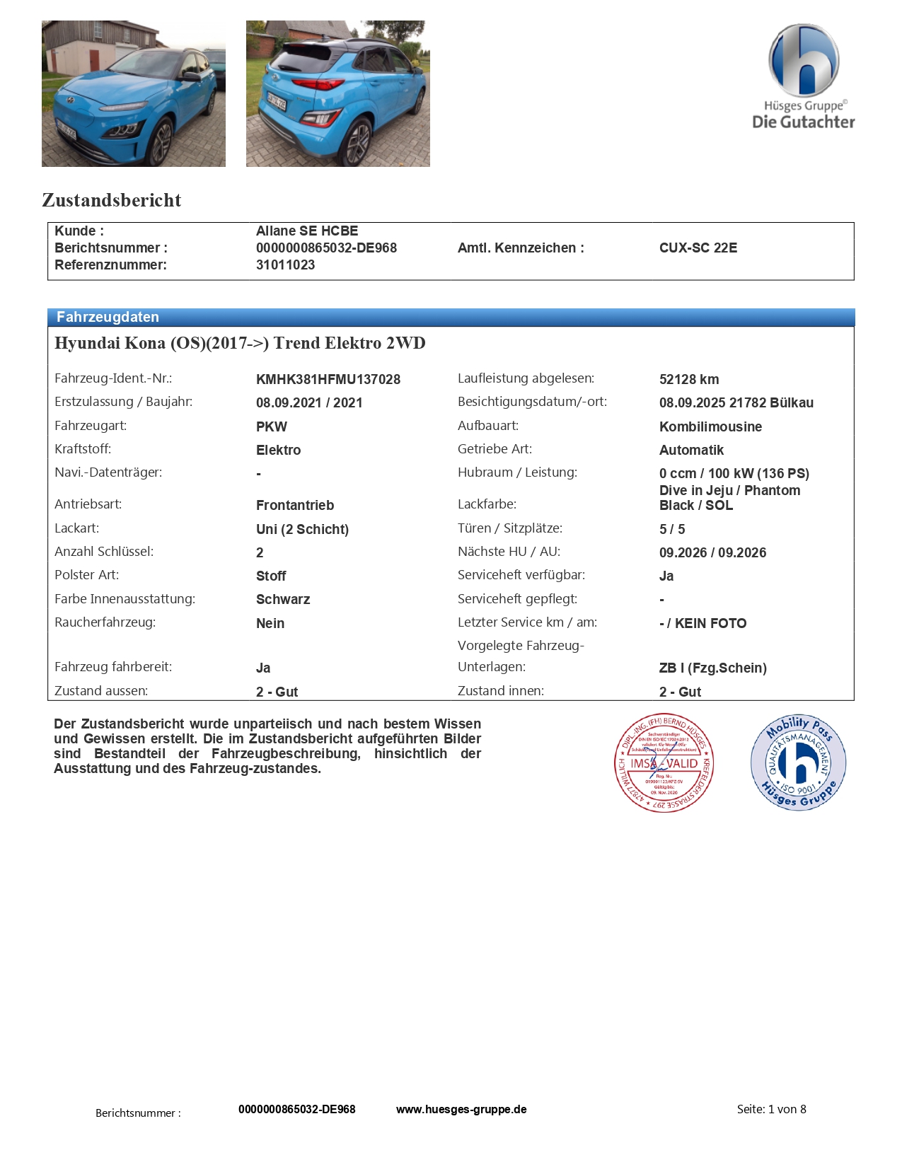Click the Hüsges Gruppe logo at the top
tap(804, 76)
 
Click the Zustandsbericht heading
tap(112, 200)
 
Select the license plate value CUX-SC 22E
tap(698, 248)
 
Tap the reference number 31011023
tap(285, 265)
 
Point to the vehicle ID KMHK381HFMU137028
tap(328, 379)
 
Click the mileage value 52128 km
tap(688, 379)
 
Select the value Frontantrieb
tap(294, 505)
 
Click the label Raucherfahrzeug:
tap(105, 622)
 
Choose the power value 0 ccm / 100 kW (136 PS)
tap(734, 473)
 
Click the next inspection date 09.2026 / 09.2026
tap(712, 552)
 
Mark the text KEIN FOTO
tap(710, 623)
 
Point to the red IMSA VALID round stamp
tap(664, 762)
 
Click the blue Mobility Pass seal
tap(798, 762)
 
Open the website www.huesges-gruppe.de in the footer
tap(461, 1109)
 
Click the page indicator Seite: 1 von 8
tap(771, 1109)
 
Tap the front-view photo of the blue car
tap(134, 93)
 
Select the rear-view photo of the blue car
tap(337, 93)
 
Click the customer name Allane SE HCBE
tap(306, 231)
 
